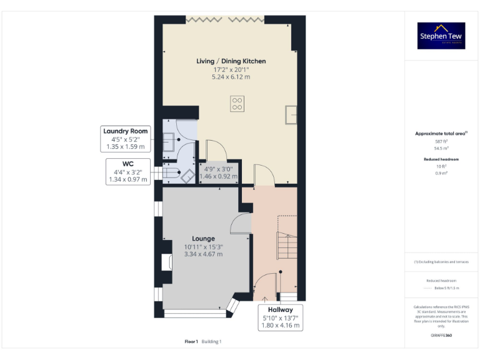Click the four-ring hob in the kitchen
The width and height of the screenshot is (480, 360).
pos(237,103)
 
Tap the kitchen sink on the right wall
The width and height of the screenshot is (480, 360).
pos(291,114)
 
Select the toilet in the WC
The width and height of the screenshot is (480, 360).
pos(186,175)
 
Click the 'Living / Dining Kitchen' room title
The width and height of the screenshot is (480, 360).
pos(231,61)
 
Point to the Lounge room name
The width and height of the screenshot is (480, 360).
pos(203,239)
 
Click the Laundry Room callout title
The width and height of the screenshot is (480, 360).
pos(126,131)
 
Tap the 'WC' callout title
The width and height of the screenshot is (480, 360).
pos(128,163)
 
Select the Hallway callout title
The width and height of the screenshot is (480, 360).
pos(281,309)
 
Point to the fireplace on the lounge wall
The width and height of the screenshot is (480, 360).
pos(167,262)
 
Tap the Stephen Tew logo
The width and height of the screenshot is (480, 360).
pos(441,36)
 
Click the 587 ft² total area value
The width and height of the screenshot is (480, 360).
pos(441,142)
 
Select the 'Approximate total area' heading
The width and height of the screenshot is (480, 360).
pos(441,134)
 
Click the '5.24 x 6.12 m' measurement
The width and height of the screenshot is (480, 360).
pos(231,77)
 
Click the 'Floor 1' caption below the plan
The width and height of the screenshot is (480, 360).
pos(191,342)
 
